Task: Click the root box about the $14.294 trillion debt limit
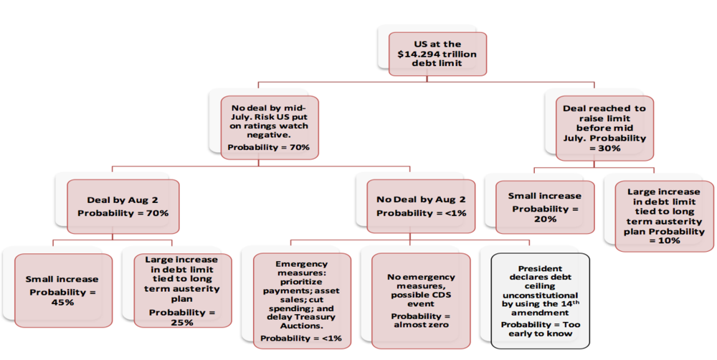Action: click(437, 54)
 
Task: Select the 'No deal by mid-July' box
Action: click(270, 128)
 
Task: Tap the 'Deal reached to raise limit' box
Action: click(604, 128)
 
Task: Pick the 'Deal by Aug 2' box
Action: click(123, 207)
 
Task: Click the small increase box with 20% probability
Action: click(545, 207)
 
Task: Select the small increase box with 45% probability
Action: click(63, 290)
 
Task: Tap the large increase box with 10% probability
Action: click(664, 217)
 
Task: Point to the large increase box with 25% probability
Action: click(182, 290)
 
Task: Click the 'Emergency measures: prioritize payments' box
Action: click(302, 301)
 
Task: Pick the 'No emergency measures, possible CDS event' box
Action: click(421, 301)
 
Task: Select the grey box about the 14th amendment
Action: click(540, 301)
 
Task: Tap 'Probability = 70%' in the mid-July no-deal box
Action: click(268, 147)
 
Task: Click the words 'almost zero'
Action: click(421, 325)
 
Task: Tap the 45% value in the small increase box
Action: click(63, 303)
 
